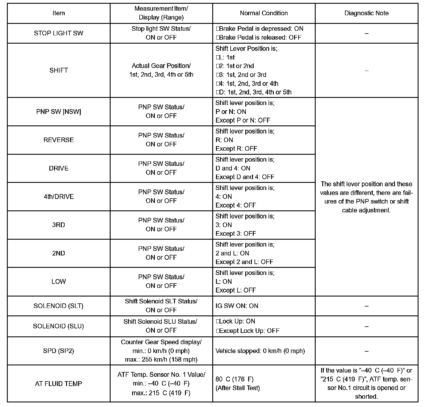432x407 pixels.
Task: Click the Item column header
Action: pos(59,13)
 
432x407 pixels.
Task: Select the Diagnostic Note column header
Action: pos(366,13)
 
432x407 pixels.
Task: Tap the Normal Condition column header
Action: pos(264,13)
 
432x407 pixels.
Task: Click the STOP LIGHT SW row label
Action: pos(59,33)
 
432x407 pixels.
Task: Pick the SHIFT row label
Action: pos(59,70)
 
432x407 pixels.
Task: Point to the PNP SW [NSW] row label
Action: pos(59,112)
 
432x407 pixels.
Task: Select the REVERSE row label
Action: pos(59,140)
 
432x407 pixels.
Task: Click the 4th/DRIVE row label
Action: pos(59,197)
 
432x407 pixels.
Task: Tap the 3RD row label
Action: pos(59,225)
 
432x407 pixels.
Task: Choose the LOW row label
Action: pos(59,282)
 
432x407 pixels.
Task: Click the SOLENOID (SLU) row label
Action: pos(59,326)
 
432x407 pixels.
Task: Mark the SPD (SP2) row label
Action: pos(59,351)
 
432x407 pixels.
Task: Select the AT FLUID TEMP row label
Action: pos(59,384)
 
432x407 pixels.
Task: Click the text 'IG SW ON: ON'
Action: pos(237,306)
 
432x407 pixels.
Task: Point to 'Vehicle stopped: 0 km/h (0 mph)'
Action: pos(260,351)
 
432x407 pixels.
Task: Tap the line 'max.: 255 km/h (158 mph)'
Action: pos(161,359)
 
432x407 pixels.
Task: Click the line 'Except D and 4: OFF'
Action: pos(245,177)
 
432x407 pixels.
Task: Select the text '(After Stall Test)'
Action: pos(238,388)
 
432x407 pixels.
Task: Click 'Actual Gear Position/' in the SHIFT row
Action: pos(161,66)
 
